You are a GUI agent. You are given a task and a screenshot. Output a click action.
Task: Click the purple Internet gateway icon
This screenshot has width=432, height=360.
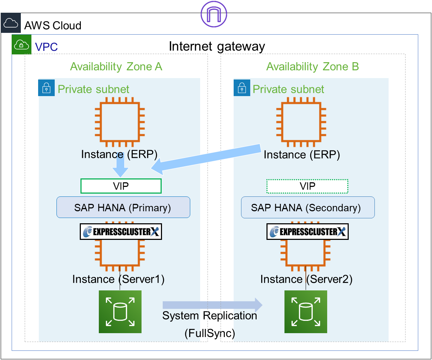214,14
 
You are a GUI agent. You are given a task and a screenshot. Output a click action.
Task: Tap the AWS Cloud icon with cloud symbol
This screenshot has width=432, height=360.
11,23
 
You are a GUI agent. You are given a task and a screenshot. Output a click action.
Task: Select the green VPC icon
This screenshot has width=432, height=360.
22,45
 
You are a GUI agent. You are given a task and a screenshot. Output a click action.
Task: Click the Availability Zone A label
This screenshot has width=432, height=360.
116,66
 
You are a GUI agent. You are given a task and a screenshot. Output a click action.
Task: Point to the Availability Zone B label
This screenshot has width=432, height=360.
312,66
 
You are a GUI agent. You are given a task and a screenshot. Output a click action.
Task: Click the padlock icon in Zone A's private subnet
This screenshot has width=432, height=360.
46,88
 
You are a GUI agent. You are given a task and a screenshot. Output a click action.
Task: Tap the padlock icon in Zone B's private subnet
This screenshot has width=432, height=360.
242,88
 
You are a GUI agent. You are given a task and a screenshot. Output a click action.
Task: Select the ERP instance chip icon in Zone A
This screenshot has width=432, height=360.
120,122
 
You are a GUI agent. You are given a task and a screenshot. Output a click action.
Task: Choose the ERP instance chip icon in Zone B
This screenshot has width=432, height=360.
301,122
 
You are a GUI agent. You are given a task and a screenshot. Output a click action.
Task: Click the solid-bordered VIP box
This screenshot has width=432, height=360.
121,186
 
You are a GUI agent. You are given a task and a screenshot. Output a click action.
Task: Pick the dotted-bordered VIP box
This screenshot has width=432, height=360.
307,186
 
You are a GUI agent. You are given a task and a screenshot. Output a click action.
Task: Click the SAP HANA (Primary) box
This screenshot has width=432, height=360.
123,207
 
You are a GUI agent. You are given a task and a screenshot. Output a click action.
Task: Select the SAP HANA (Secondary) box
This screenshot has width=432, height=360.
307,207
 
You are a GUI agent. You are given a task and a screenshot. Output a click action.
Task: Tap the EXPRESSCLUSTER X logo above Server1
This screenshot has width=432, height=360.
121,232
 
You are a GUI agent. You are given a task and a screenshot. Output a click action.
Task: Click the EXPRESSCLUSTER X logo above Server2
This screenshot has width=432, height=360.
307,232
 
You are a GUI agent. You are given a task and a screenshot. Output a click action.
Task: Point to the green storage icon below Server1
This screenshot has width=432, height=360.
120,312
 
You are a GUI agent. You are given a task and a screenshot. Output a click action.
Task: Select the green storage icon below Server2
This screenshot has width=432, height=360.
306,312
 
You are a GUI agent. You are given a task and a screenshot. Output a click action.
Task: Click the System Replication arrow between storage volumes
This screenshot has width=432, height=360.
212,305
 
